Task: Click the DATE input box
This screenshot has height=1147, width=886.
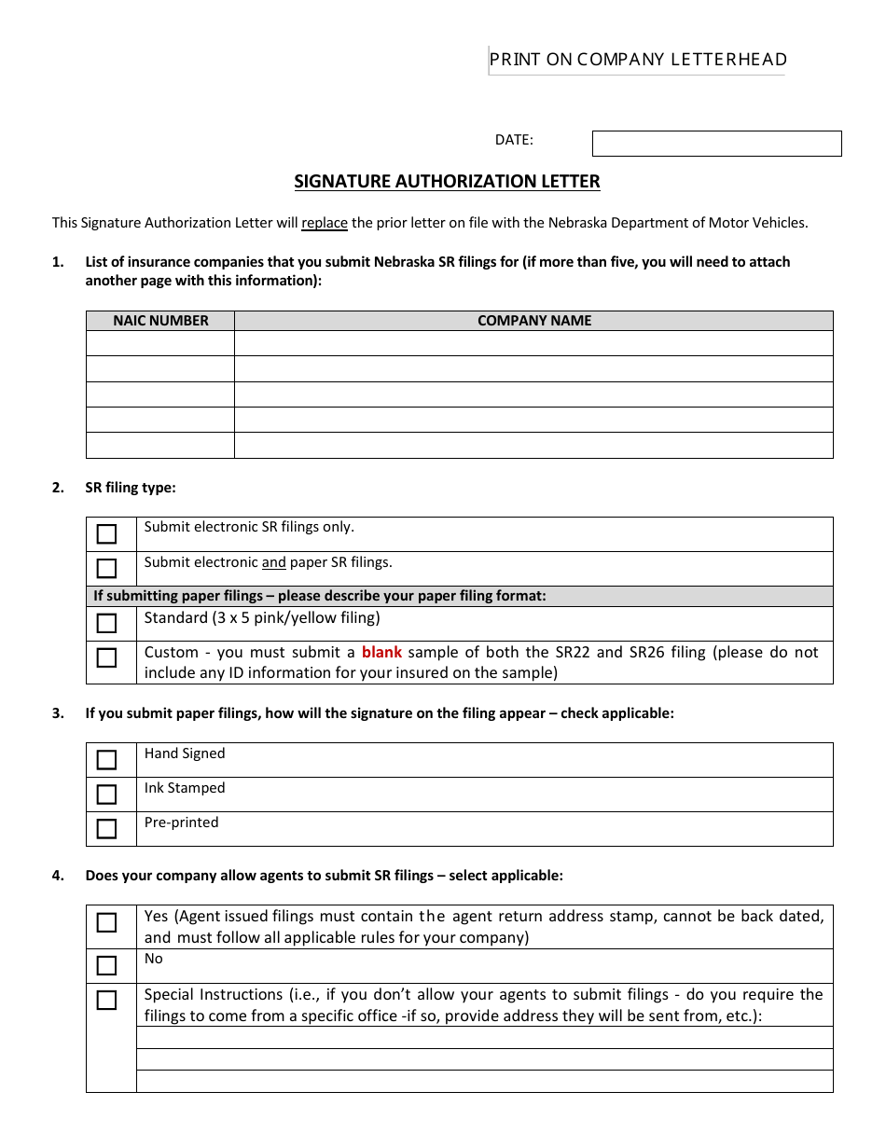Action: [x=716, y=143]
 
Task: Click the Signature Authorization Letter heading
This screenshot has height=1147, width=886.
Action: [x=447, y=182]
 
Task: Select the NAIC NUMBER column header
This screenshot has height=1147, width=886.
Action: [x=160, y=321]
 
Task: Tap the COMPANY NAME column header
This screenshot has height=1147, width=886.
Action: [x=533, y=321]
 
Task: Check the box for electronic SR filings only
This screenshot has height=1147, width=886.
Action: [x=107, y=534]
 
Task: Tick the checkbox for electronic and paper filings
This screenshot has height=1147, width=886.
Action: [x=107, y=569]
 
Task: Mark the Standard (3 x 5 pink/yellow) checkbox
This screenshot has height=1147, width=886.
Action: [x=107, y=624]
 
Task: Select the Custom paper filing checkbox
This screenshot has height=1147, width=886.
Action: [x=107, y=658]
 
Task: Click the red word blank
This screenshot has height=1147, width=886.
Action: [x=381, y=653]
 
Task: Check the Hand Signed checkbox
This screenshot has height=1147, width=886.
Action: [x=107, y=760]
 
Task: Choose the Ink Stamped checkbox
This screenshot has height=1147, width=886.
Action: [x=107, y=795]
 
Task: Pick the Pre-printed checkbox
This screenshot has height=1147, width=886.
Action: [x=107, y=829]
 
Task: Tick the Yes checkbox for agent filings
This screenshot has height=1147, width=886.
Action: [x=107, y=923]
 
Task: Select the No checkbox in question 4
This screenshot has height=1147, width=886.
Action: [x=107, y=966]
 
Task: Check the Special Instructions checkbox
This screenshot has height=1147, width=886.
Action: [x=107, y=1001]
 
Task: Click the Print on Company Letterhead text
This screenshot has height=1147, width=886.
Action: [x=638, y=60]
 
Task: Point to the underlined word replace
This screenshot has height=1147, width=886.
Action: [x=325, y=223]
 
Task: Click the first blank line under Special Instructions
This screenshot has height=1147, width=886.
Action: [x=484, y=1038]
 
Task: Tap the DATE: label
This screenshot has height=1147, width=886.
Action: [x=514, y=140]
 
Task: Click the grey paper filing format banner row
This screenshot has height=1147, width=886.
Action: [x=459, y=596]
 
